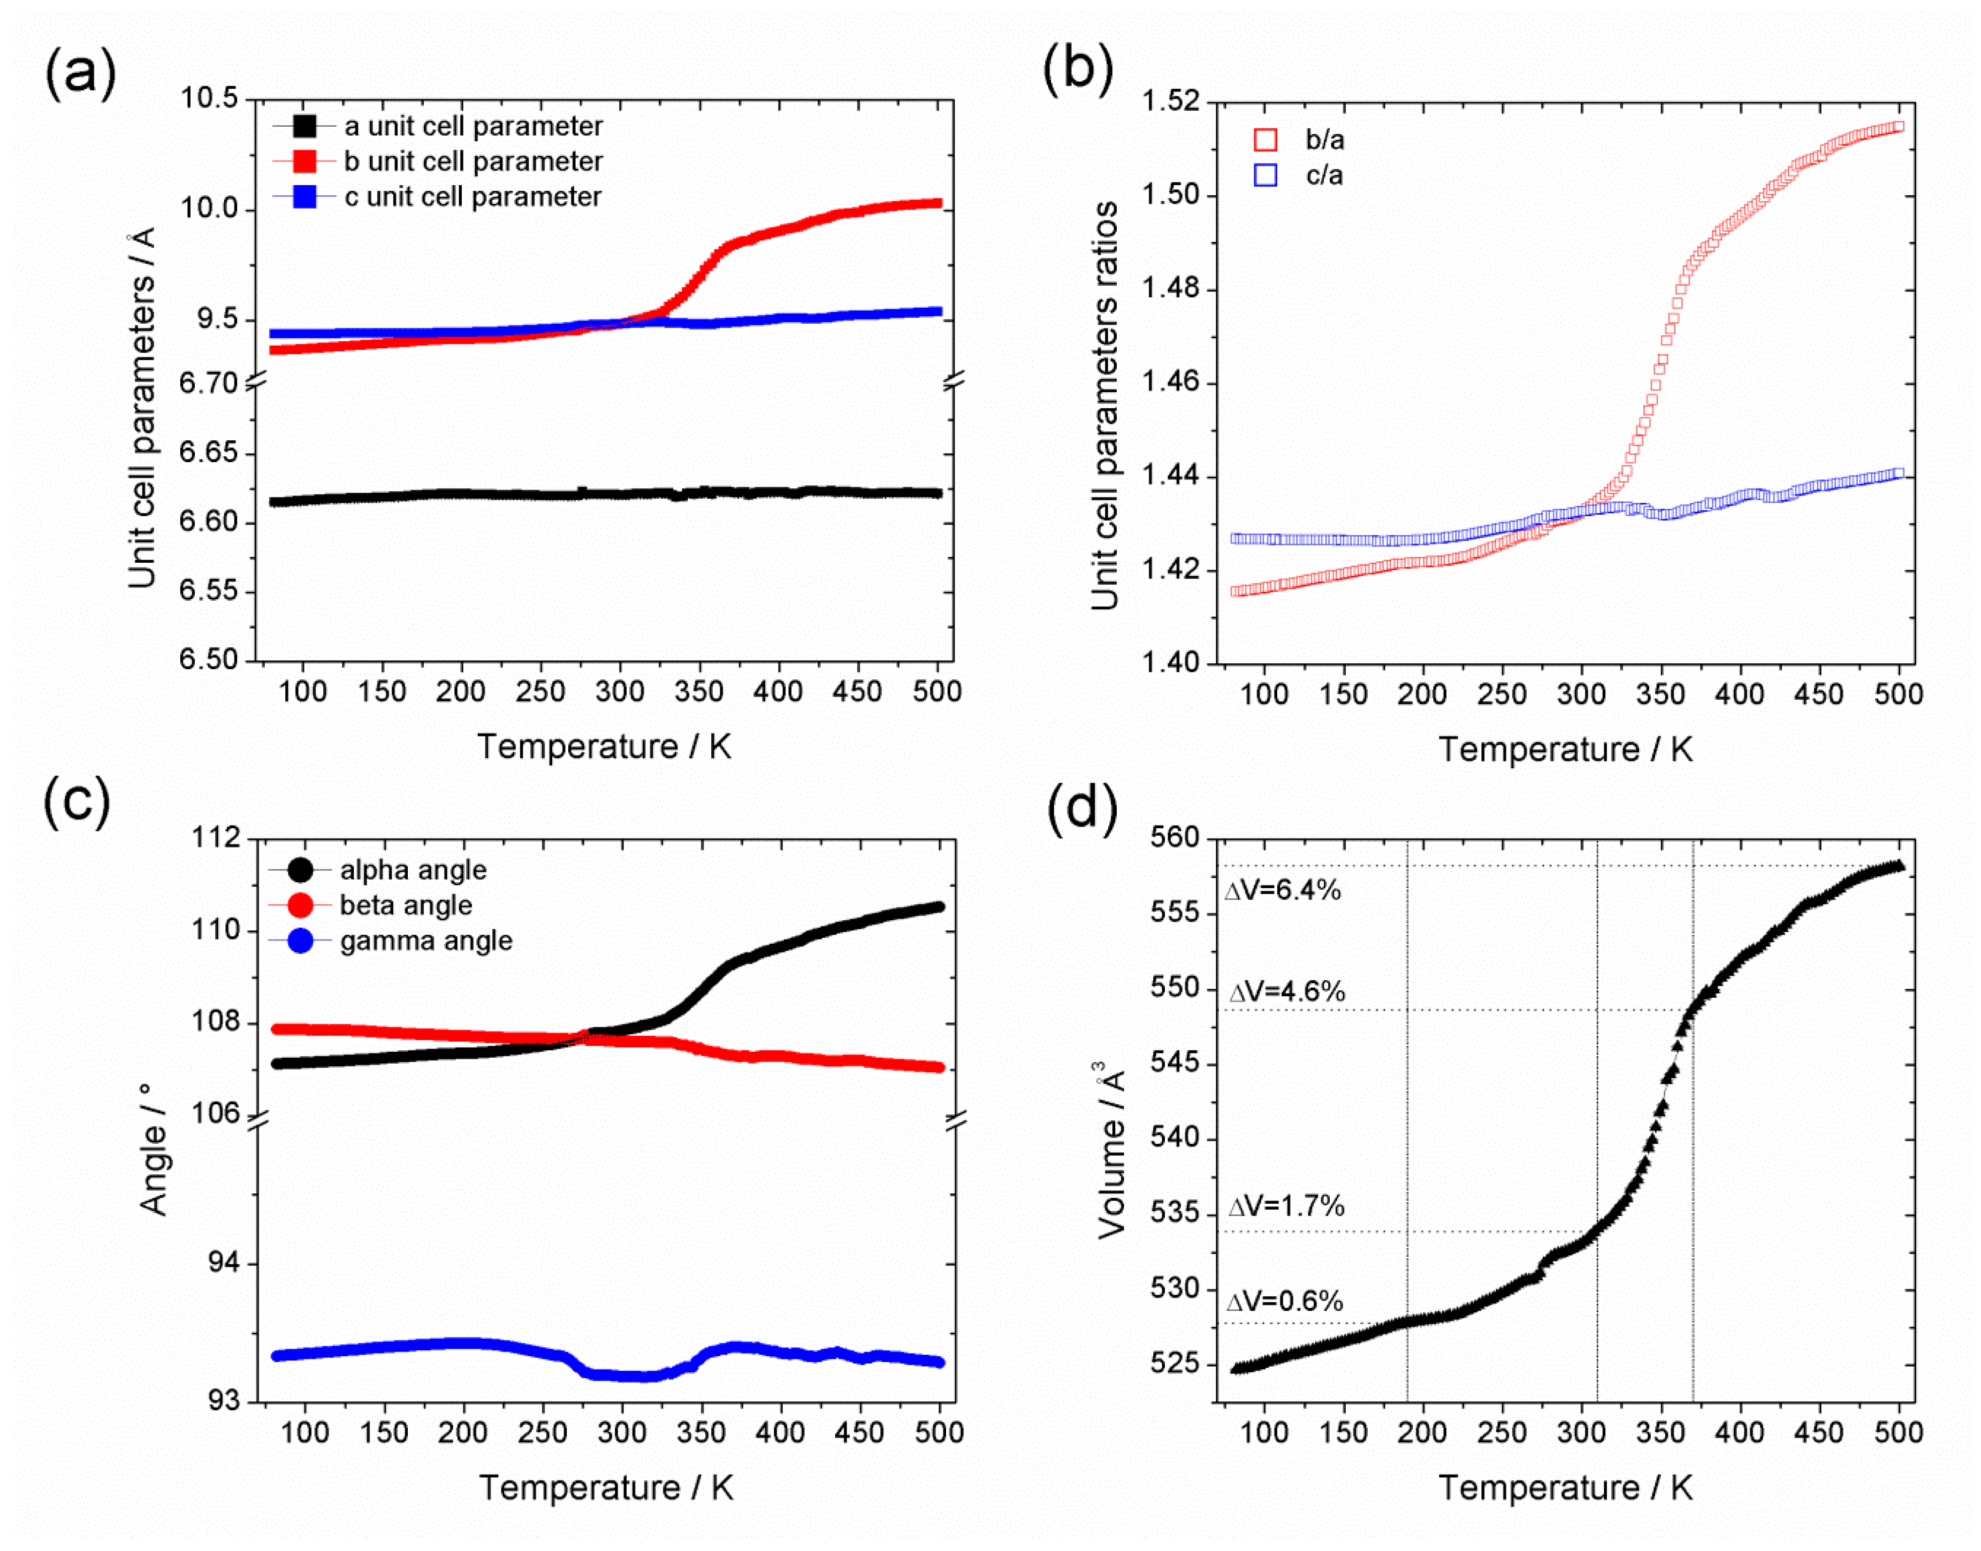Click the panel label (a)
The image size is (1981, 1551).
[x=80, y=73]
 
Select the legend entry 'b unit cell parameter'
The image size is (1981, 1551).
[x=473, y=162]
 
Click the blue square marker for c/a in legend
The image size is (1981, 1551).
[x=1265, y=175]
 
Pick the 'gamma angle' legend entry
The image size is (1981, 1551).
[x=425, y=941]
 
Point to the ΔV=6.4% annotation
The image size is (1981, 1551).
[x=1283, y=890]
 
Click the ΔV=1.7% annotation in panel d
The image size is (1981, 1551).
[x=1286, y=1206]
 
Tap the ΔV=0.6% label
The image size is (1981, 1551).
[x=1284, y=1301]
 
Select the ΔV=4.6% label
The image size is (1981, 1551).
[x=1286, y=991]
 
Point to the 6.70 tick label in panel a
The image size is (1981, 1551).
[x=208, y=383]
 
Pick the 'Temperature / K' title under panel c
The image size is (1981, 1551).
[x=606, y=1487]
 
